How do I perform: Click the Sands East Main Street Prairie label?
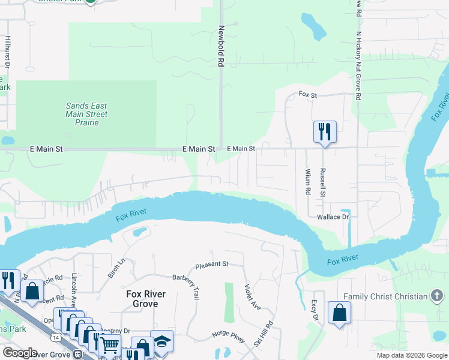click(86, 114)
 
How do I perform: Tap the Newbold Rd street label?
click(221, 46)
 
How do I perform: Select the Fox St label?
click(307, 94)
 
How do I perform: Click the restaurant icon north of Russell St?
click(324, 131)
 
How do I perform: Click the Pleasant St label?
click(212, 264)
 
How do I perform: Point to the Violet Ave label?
click(252, 297)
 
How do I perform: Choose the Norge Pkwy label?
click(228, 338)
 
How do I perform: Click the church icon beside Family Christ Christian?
click(437, 296)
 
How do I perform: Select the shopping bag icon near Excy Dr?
click(339, 312)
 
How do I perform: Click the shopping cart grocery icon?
click(109, 345)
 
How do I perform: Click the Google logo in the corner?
click(20, 353)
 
